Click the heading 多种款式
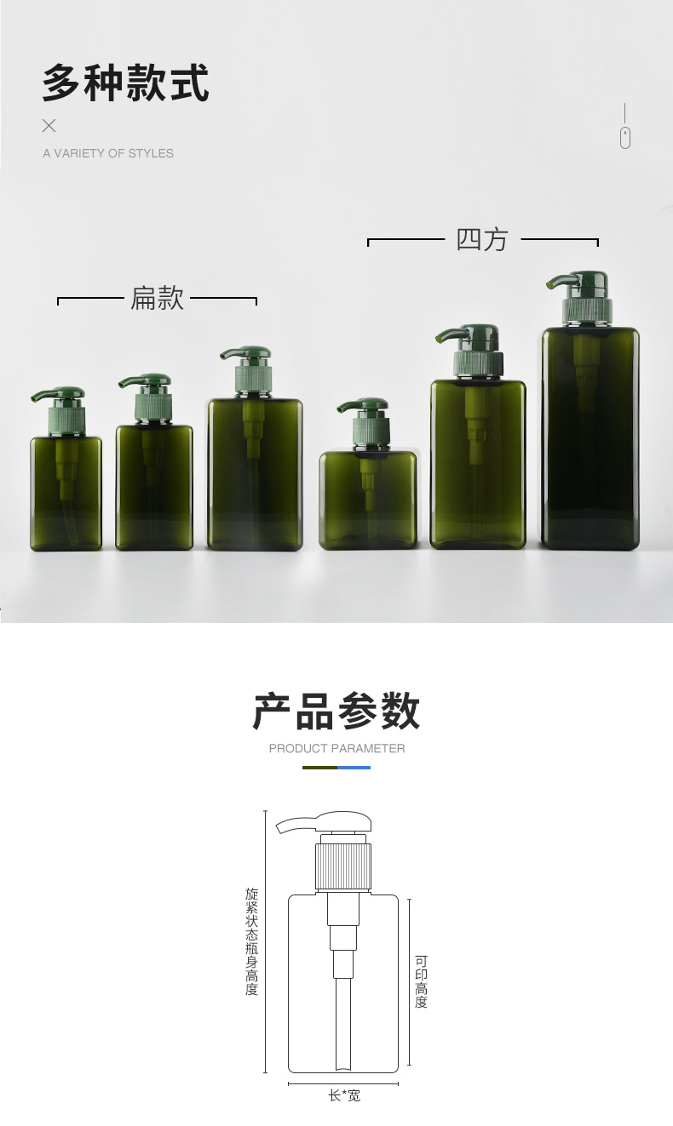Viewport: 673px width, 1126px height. click(x=125, y=83)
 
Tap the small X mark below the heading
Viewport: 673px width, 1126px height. click(x=49, y=126)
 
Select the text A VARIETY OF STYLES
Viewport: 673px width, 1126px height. click(x=108, y=153)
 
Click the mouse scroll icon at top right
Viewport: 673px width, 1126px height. click(x=624, y=137)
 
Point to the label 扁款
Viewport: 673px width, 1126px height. click(x=157, y=298)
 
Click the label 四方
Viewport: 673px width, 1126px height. click(x=482, y=239)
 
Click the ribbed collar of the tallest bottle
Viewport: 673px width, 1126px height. click(x=588, y=311)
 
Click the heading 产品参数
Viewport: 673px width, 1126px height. click(x=336, y=711)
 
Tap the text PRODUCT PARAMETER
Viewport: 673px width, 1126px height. click(x=336, y=748)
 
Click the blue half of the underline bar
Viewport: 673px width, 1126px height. click(x=354, y=768)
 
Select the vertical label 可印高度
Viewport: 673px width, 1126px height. click(x=421, y=981)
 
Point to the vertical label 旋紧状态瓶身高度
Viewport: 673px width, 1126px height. click(x=251, y=941)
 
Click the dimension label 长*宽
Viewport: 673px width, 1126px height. click(x=344, y=1095)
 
